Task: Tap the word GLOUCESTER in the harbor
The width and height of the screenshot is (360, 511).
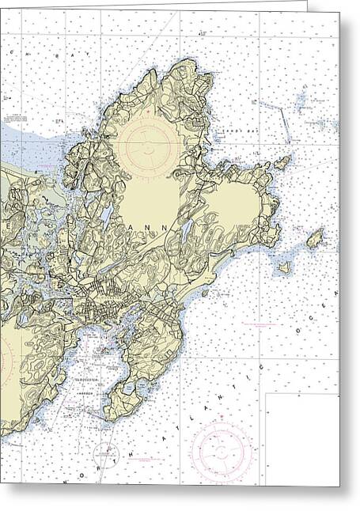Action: click(101, 379)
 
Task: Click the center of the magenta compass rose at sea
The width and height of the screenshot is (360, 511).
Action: click(222, 451)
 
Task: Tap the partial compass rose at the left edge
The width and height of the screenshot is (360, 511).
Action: click(6, 360)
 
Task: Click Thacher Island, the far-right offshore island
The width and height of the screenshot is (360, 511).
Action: click(315, 238)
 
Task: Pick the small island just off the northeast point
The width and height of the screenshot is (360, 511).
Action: click(282, 163)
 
